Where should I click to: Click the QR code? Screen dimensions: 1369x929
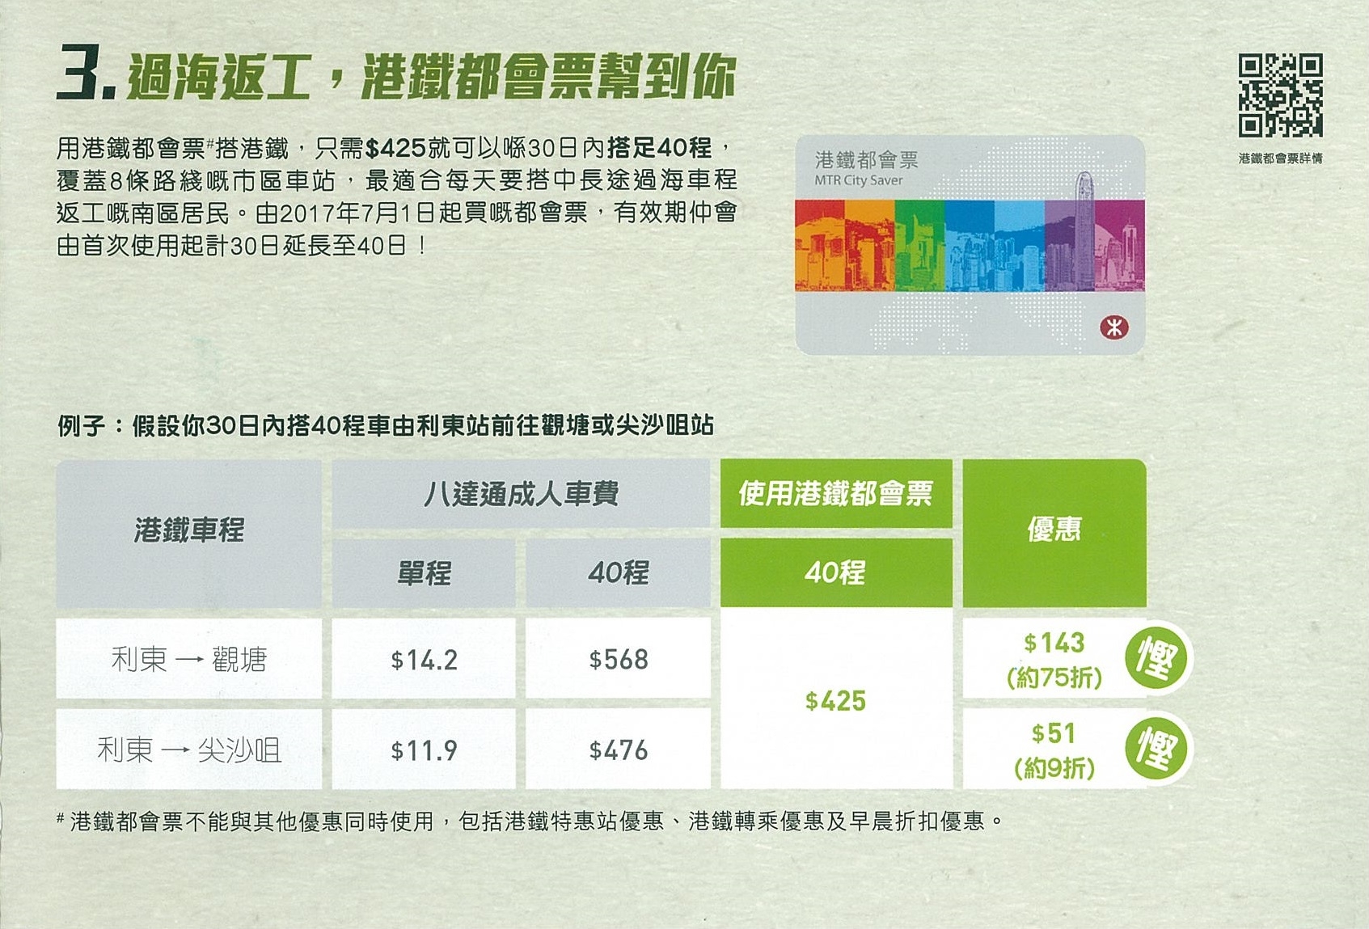(1280, 95)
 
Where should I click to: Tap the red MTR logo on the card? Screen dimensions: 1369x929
(1114, 327)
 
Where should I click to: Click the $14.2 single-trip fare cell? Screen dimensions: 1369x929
(425, 660)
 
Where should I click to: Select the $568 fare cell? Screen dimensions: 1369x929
(618, 660)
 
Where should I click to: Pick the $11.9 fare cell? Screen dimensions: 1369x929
(425, 750)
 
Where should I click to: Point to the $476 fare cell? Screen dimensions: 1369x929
(618, 750)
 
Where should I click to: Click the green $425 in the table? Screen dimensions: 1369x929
(835, 701)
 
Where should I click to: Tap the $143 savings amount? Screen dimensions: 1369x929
(1054, 642)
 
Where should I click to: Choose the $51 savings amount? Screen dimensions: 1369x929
(1053, 733)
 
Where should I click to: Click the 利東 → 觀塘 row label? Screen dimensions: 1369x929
(189, 660)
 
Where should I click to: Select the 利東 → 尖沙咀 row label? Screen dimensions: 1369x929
(189, 750)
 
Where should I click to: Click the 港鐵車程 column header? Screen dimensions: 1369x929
(189, 530)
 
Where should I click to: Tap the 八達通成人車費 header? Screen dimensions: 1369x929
(521, 494)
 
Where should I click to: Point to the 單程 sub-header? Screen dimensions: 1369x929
(425, 572)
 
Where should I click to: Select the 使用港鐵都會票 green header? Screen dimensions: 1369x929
(835, 493)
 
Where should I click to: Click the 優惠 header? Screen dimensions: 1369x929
(1054, 530)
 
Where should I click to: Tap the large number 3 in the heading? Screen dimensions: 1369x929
(78, 71)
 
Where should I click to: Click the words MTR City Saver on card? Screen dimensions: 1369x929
(858, 180)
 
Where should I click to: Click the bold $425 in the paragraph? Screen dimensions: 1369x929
(395, 148)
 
